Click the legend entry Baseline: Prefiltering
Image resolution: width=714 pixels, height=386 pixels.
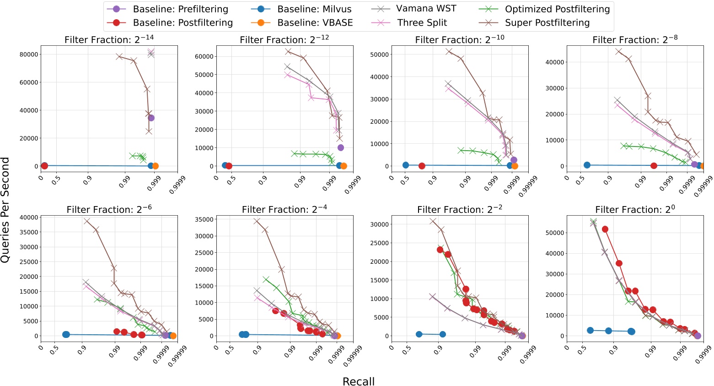[180, 9]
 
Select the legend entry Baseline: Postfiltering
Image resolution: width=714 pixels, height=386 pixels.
[183, 23]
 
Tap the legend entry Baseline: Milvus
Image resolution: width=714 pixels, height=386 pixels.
[314, 9]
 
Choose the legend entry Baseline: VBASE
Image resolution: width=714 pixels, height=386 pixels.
[315, 23]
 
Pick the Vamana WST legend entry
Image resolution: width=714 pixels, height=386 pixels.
[426, 9]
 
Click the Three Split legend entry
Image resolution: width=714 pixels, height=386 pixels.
[422, 23]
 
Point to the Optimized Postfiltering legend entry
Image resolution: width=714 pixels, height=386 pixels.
[557, 9]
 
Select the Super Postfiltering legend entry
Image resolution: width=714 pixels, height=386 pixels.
[547, 23]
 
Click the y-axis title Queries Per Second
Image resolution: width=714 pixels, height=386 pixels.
[5, 210]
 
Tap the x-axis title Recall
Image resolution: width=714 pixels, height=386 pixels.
[359, 381]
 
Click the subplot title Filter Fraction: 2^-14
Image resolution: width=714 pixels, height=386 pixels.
[109, 39]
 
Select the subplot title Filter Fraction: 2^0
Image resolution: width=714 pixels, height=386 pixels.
[635, 209]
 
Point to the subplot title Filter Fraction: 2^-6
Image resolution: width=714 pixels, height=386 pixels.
[109, 209]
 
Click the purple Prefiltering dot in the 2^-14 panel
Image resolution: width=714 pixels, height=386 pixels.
[151, 118]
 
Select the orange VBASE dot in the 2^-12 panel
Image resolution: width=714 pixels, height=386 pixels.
[344, 166]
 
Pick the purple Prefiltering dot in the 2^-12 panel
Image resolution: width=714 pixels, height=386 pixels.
[340, 147]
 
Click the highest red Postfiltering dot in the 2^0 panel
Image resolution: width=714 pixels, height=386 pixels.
[605, 229]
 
